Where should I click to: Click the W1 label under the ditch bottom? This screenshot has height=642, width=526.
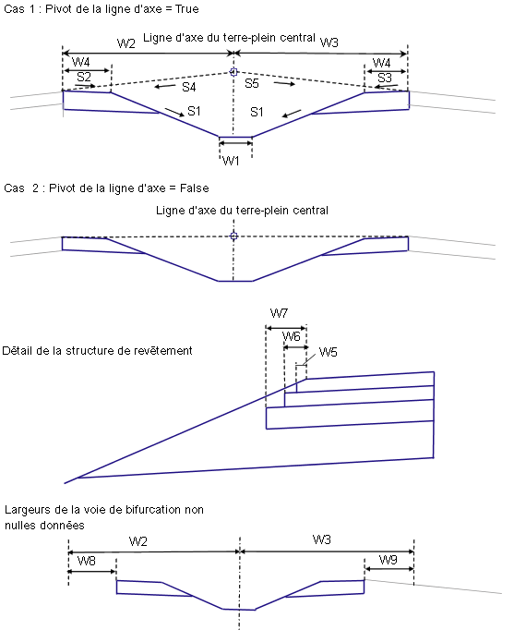coord(231,161)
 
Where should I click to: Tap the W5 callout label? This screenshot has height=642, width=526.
coord(328,352)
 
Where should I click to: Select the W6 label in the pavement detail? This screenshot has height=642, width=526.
coord(292,336)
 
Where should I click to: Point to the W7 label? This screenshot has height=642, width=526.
coord(279,314)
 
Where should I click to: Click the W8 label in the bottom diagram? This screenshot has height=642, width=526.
coord(87,561)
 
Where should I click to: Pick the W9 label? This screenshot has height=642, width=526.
coord(389,559)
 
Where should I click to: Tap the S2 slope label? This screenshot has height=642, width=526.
coord(84,77)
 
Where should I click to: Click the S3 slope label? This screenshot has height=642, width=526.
coord(385,78)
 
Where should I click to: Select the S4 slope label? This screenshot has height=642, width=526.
coord(188,87)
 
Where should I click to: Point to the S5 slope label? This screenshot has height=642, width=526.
coord(252,83)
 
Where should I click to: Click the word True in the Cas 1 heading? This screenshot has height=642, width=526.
coord(187,9)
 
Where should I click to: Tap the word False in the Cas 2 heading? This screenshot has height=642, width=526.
coord(195,188)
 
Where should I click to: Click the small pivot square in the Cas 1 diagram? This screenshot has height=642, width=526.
coord(233,72)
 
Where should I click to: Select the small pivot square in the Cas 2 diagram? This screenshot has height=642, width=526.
coord(233,236)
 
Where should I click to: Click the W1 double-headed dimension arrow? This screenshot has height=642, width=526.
coord(235,143)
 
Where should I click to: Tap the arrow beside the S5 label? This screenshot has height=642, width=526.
coord(284,84)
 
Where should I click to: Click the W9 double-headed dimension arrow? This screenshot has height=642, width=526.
coord(389,569)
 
